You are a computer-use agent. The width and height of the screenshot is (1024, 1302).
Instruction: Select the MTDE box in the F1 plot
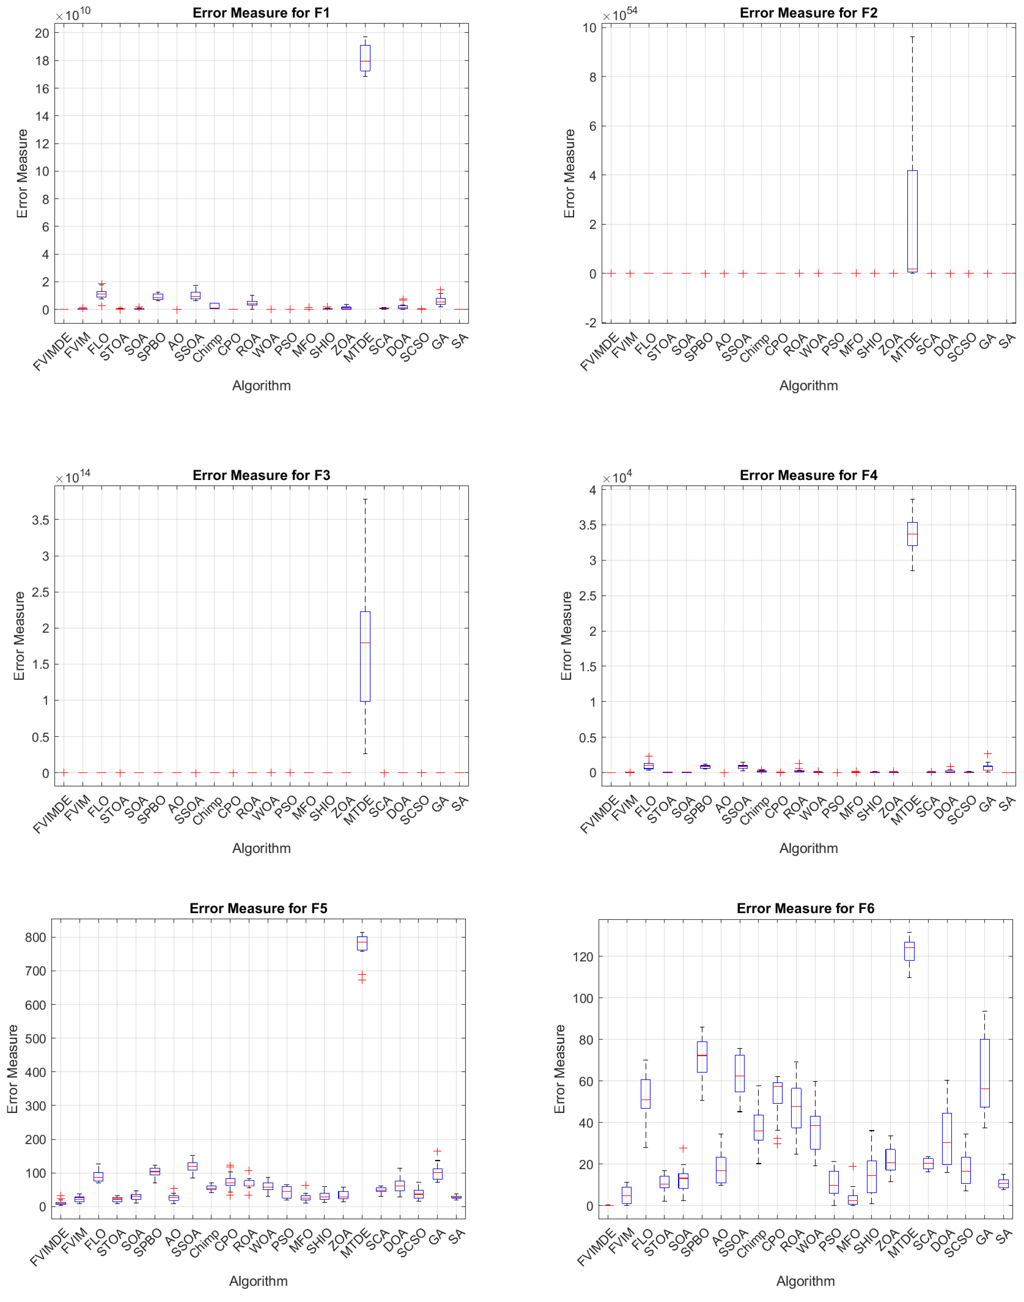click(365, 58)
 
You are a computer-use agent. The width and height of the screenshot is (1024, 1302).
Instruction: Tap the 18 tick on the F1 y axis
click(42, 61)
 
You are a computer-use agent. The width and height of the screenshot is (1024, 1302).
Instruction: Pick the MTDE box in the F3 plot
click(365, 656)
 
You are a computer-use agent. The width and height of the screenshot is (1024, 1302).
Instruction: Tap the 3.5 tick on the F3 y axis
click(41, 520)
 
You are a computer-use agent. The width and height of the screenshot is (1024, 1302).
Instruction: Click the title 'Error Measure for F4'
click(808, 475)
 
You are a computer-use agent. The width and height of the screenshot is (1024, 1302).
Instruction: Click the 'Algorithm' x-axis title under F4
click(808, 848)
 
